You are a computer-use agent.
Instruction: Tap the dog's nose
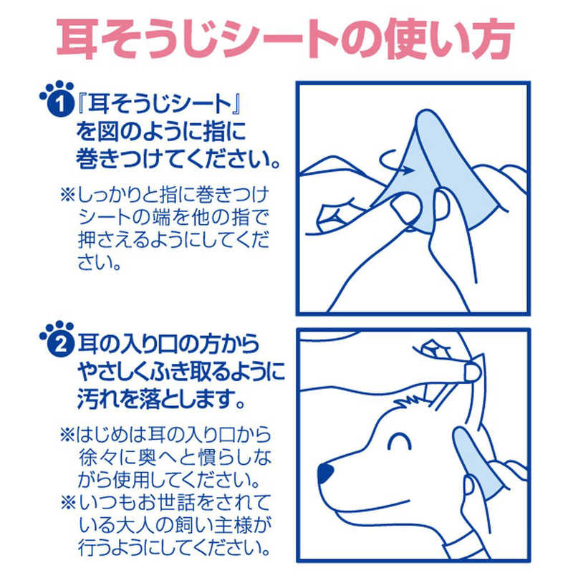(325, 473)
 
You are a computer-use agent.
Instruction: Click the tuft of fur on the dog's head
(410, 401)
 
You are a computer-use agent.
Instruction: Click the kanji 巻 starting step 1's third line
(87, 159)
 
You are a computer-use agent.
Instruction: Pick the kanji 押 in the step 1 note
(88, 240)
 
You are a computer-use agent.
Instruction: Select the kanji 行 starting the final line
(88, 547)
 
